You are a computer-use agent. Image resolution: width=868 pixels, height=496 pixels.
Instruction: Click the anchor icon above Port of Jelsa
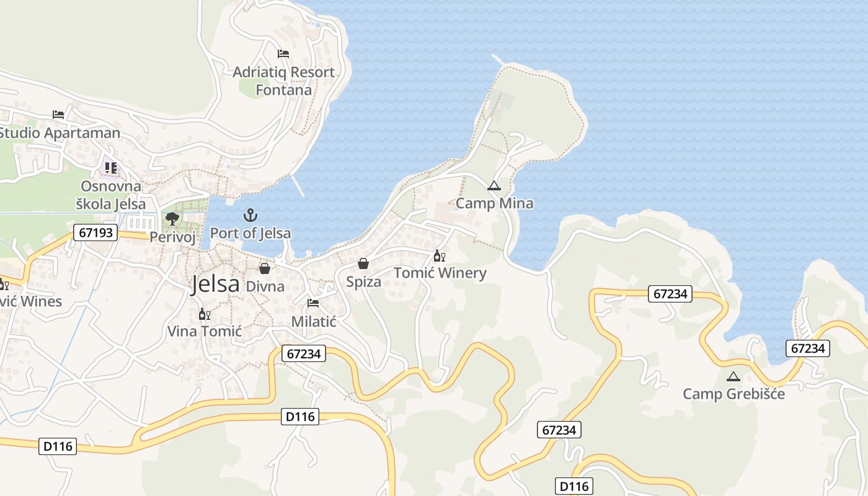pyautogui.click(x=250, y=216)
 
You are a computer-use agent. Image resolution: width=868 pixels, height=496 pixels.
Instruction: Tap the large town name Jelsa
pyautogui.click(x=215, y=284)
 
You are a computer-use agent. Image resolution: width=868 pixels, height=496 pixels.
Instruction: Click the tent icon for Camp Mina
pyautogui.click(x=494, y=185)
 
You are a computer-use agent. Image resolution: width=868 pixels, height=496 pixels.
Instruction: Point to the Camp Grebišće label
pyautogui.click(x=733, y=394)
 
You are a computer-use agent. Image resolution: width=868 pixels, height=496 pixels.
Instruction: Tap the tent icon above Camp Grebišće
pyautogui.click(x=733, y=376)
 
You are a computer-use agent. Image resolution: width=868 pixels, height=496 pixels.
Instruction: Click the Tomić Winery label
pyautogui.click(x=440, y=273)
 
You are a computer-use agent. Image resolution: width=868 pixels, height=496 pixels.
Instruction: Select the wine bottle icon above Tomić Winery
pyautogui.click(x=439, y=255)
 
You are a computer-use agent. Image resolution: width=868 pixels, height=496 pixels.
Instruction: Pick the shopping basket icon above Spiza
pyautogui.click(x=363, y=264)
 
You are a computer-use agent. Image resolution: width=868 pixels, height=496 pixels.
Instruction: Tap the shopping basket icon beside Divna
pyautogui.click(x=265, y=268)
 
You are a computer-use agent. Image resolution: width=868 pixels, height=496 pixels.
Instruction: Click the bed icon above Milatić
pyautogui.click(x=313, y=303)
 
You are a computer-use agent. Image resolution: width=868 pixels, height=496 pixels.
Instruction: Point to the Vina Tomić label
pyautogui.click(x=204, y=332)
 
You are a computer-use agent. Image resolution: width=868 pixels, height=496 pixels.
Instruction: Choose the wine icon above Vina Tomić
pyautogui.click(x=204, y=314)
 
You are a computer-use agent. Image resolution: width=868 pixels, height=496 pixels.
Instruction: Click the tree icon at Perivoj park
pyautogui.click(x=172, y=218)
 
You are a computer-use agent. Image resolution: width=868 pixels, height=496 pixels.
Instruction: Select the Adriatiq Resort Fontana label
pyautogui.click(x=283, y=81)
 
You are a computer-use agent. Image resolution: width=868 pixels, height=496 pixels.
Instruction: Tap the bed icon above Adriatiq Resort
pyautogui.click(x=283, y=54)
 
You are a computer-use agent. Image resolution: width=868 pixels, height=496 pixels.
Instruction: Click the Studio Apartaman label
pyautogui.click(x=60, y=133)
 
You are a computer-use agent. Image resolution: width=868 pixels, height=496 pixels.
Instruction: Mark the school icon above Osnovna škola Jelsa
pyautogui.click(x=110, y=168)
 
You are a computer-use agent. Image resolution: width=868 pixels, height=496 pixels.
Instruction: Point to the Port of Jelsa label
pyautogui.click(x=250, y=234)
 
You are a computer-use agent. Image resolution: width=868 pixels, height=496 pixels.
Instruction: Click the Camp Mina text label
pyautogui.click(x=494, y=203)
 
